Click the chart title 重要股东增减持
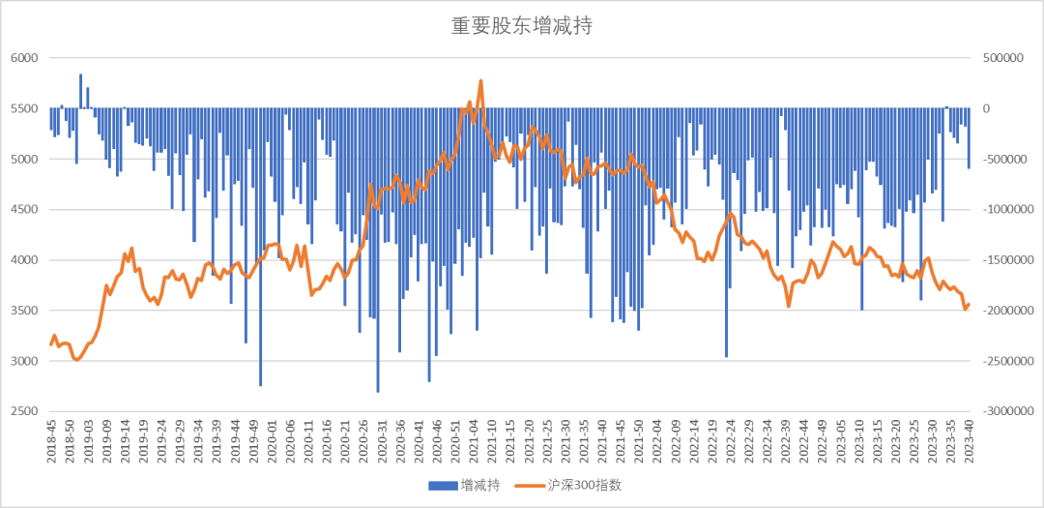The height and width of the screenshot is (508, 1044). (x=521, y=26)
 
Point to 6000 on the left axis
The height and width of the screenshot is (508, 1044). (x=22, y=58)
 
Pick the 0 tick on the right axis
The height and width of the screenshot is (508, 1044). (x=987, y=108)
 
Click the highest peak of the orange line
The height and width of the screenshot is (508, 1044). (x=480, y=81)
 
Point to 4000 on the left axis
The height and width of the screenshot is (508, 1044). (x=22, y=260)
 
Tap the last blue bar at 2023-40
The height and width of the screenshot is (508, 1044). (x=969, y=138)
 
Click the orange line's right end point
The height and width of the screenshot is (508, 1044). (x=969, y=305)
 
